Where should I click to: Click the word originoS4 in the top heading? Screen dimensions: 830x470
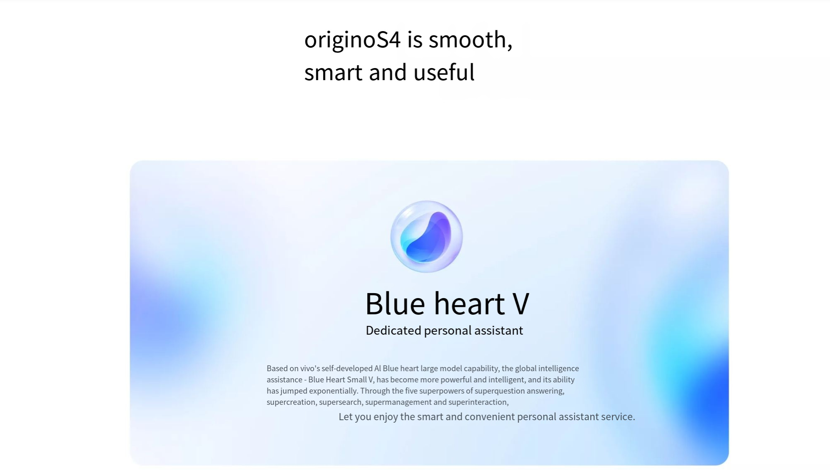click(x=352, y=40)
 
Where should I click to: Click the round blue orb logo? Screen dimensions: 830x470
click(x=426, y=237)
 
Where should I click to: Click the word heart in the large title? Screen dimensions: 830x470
click(x=469, y=303)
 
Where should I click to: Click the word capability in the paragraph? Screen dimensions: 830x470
click(x=481, y=368)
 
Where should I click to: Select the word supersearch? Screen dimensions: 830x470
click(x=340, y=402)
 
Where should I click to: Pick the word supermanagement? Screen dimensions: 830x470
click(x=398, y=402)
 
